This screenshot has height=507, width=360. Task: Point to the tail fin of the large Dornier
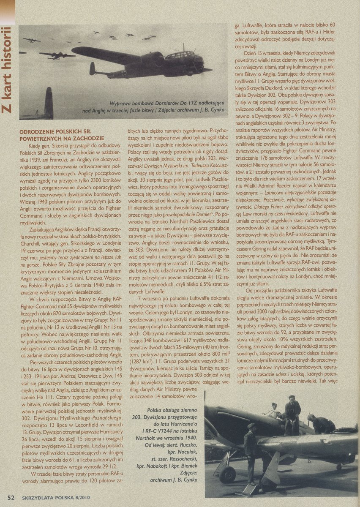pos(93,68)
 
